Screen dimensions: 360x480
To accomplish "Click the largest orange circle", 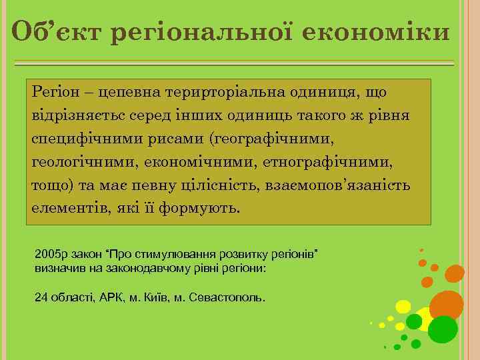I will pyautogui.click(x=446, y=304).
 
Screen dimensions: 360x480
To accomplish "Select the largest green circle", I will pyautogui.click(x=443, y=329).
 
